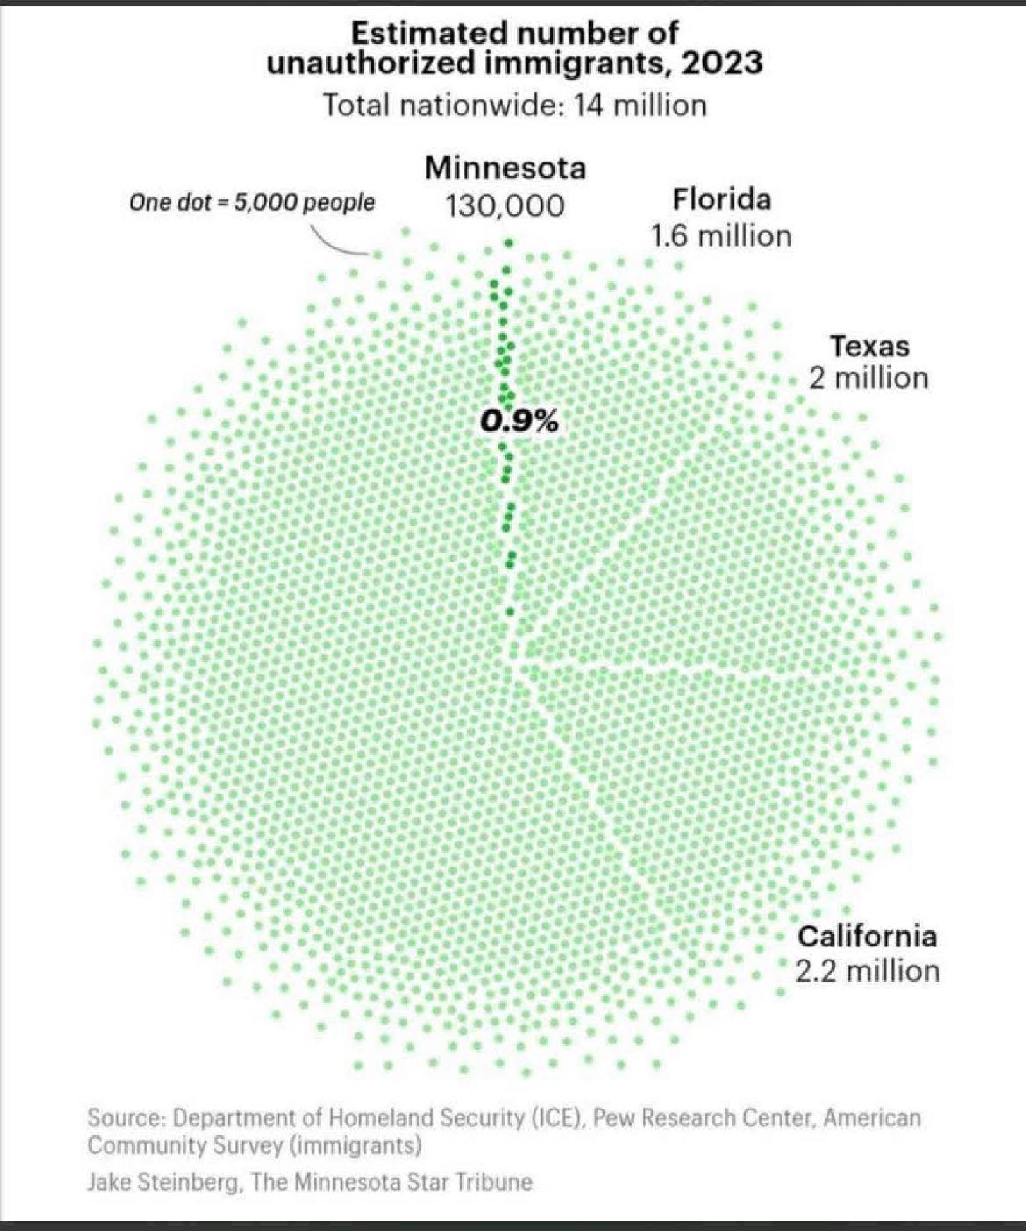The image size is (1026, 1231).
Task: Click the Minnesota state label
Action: coord(505,169)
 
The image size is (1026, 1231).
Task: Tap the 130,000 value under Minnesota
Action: coord(505,206)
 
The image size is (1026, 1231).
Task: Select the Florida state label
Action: coord(721,199)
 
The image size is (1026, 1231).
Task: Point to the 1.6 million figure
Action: coord(721,237)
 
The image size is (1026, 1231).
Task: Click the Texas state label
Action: coord(870,346)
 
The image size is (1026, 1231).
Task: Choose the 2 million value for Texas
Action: coord(868,378)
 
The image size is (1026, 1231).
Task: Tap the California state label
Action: coord(867,936)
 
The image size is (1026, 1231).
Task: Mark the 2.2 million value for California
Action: coord(868,971)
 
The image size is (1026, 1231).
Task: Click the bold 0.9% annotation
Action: coord(519,421)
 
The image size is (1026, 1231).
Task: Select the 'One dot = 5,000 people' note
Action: coord(252,203)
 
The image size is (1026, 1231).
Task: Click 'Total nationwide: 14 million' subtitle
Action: coord(514,105)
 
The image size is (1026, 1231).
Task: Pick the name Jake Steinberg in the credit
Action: coord(164,1182)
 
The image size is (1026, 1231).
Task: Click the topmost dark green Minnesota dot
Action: coord(509,243)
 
